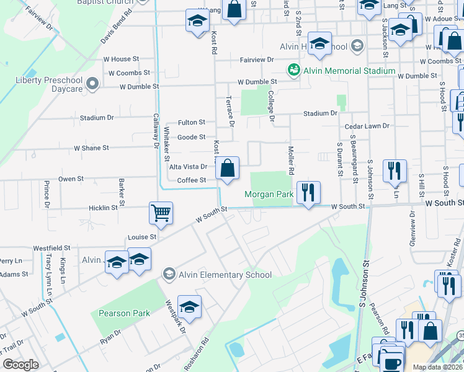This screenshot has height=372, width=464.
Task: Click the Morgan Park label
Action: tap(269, 194)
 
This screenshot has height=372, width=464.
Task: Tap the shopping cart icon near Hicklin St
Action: tap(161, 213)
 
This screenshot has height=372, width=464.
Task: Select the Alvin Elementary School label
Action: tap(225, 275)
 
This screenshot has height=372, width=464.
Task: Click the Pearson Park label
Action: tap(124, 313)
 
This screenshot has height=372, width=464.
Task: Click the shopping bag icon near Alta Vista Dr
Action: tap(228, 168)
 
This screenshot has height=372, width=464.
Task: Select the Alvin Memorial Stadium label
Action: tap(349, 71)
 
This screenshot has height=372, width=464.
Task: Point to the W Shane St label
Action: tap(91, 148)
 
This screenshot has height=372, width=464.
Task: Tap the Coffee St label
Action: tap(192, 180)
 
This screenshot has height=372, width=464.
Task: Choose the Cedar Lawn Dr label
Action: tap(367, 126)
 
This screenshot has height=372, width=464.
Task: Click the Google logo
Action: tap(20, 365)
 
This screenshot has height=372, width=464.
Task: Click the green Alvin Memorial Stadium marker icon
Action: tap(294, 70)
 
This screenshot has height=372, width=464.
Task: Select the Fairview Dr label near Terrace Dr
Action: tap(257, 60)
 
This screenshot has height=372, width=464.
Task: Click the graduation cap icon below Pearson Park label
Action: tap(189, 306)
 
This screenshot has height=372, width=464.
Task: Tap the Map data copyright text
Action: tap(438, 367)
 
